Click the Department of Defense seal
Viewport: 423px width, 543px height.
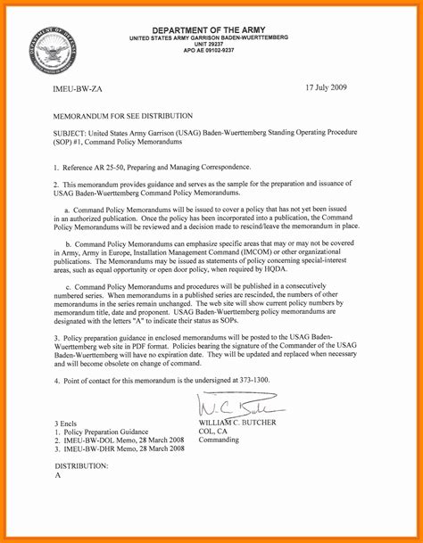coord(52,47)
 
